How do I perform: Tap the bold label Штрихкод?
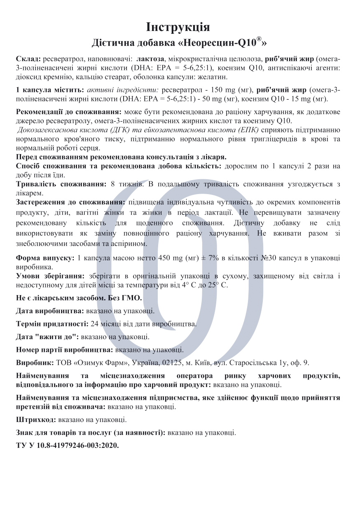(35, 420)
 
